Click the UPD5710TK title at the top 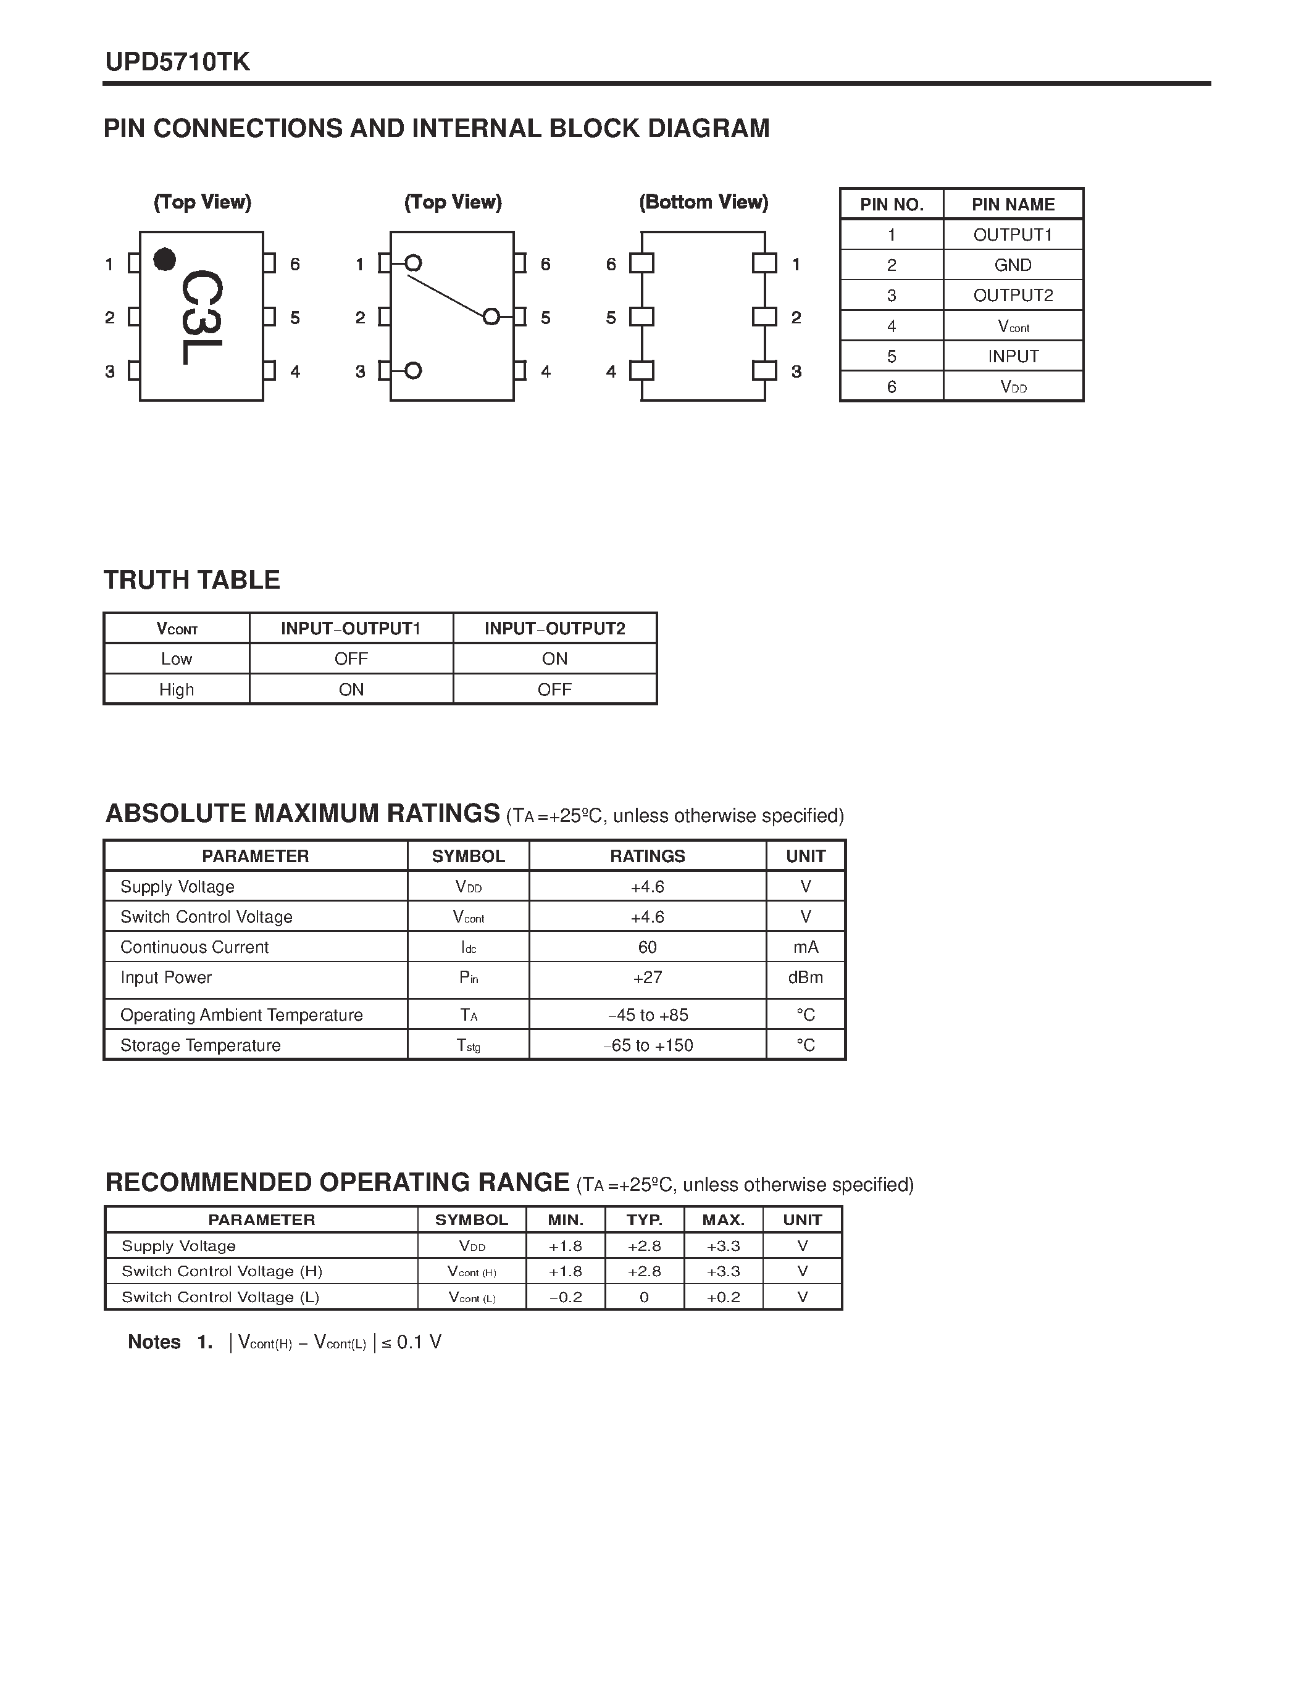point(177,62)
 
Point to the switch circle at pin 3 point(414,371)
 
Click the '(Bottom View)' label point(703,202)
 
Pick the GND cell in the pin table point(1013,265)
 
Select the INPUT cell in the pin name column point(1013,356)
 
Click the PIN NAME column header point(1013,204)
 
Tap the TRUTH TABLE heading point(191,579)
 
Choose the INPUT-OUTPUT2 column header point(554,628)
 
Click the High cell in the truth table point(177,689)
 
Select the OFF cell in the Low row point(351,659)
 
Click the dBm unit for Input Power point(805,977)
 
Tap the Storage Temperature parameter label point(201,1045)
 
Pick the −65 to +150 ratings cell point(648,1045)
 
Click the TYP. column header point(645,1220)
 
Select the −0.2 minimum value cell point(565,1297)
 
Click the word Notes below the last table point(154,1342)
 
